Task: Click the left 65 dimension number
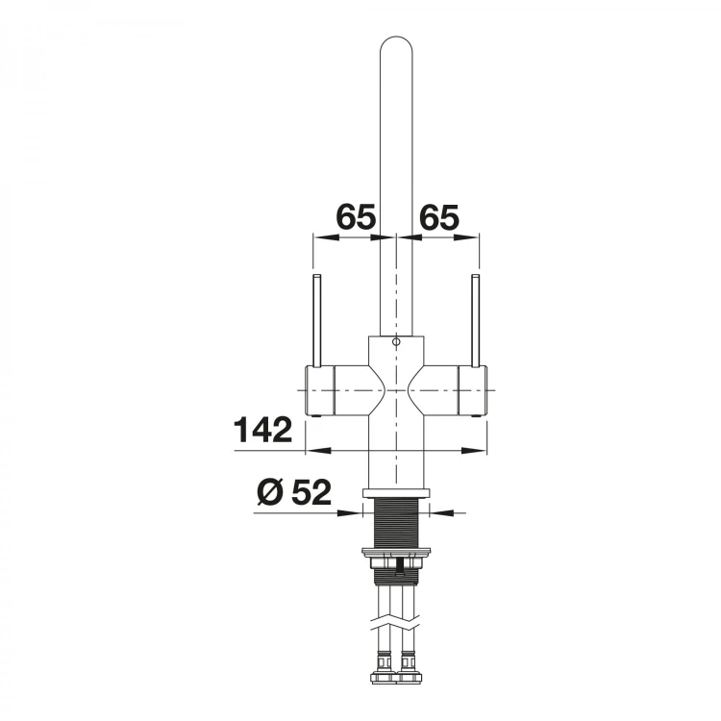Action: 357,216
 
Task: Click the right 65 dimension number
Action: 439,216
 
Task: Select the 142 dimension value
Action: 263,430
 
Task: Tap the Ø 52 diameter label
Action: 294,492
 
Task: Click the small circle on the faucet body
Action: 396,342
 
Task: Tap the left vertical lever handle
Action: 316,320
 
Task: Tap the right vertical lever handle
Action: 476,320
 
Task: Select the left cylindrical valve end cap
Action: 319,390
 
